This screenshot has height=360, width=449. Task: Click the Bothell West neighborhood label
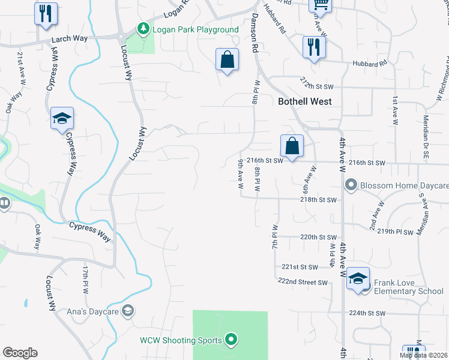305,101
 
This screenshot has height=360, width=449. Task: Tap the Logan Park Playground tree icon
143,29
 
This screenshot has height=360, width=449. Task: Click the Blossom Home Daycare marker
352,185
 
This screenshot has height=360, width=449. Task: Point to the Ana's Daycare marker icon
127,310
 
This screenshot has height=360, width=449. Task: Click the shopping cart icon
321,5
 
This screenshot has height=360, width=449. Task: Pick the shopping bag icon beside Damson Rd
228,60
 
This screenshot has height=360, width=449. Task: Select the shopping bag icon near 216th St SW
292,146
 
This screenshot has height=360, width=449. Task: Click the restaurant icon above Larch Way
46,13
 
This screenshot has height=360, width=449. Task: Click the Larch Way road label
70,38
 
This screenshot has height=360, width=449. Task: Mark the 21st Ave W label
22,65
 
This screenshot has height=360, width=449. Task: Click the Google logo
20,352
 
